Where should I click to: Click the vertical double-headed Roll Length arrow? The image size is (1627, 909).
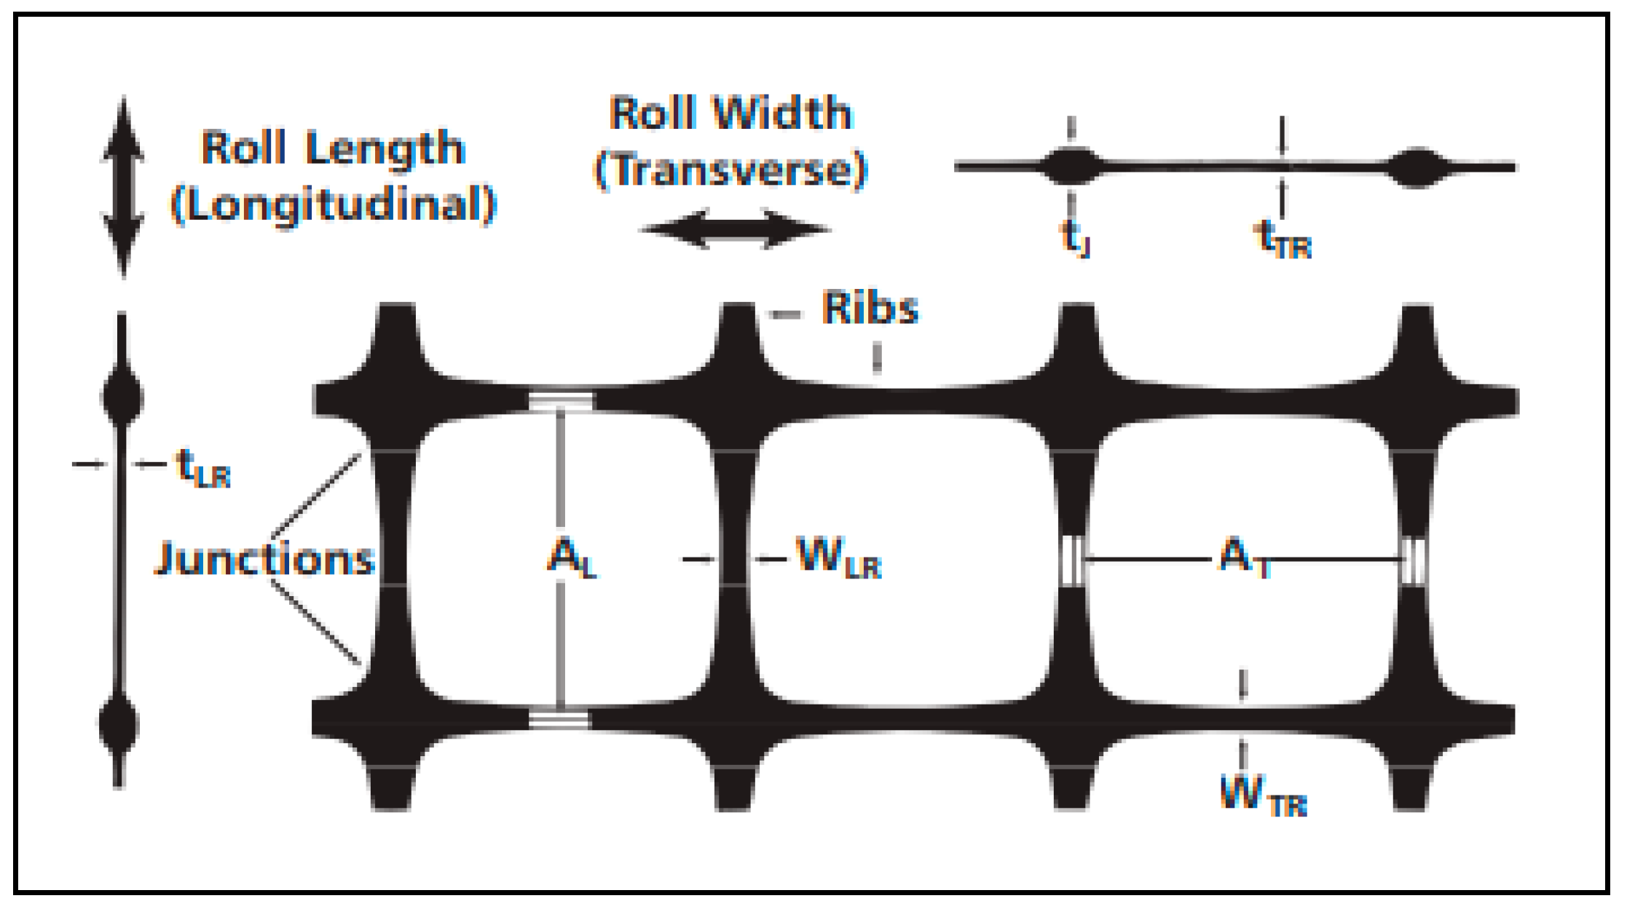click(123, 187)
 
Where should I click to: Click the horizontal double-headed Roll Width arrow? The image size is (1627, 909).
click(734, 229)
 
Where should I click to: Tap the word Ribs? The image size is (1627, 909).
click(870, 309)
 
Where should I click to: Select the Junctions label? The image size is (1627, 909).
click(265, 559)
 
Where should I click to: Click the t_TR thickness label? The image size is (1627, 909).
click(1283, 240)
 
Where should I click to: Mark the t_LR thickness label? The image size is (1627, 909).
click(203, 468)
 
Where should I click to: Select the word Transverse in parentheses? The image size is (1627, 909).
click(731, 170)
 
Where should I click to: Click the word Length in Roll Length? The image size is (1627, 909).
click(385, 149)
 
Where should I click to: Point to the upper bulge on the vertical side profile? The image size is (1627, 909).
click(122, 397)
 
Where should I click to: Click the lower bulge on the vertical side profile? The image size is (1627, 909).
click(119, 724)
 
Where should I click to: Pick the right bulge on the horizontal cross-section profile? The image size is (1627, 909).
click(1417, 167)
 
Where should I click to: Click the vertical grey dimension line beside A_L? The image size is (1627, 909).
click(560, 473)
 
